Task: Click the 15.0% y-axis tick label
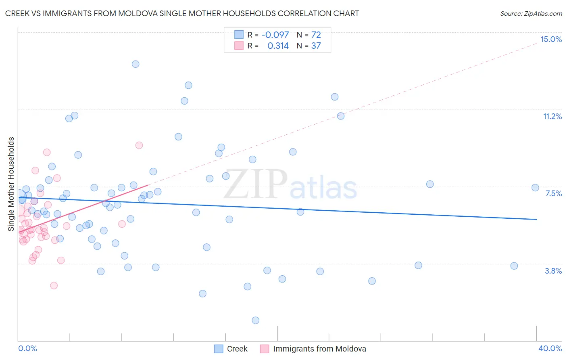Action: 551,39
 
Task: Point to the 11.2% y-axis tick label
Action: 552,116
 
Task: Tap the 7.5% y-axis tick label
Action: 553,193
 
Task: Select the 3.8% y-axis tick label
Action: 553,271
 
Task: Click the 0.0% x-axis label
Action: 27,348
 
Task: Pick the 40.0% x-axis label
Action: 550,348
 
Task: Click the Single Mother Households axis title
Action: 11,184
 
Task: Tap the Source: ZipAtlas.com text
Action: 531,13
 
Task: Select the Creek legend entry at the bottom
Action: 231,349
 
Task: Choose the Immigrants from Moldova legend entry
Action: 313,349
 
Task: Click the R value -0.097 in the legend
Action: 275,35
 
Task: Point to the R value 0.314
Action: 278,46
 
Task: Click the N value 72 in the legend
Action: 316,35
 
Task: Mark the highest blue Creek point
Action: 135,64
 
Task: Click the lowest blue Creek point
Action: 255,320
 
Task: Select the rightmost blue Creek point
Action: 535,188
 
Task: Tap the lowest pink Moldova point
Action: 54,285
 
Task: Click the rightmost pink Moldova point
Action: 139,145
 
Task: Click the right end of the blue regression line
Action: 536,219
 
